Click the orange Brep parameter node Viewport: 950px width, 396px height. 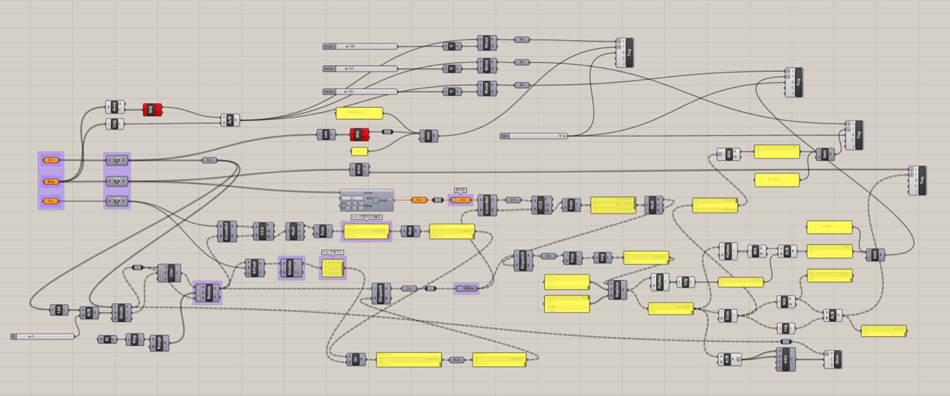click(x=51, y=181)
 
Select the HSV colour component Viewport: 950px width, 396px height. click(x=786, y=359)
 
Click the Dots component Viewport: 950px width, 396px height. click(x=836, y=359)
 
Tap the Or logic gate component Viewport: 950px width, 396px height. click(x=355, y=360)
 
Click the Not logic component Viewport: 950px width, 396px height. click(x=410, y=230)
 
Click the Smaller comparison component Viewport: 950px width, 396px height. click(x=289, y=268)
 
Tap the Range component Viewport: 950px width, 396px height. click(x=159, y=342)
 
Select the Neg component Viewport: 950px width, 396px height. click(x=134, y=339)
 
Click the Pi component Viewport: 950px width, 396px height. click(x=107, y=339)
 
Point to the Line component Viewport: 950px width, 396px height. click(x=171, y=273)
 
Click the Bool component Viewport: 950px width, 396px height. click(x=457, y=360)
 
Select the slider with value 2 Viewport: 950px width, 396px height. click(x=44, y=336)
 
